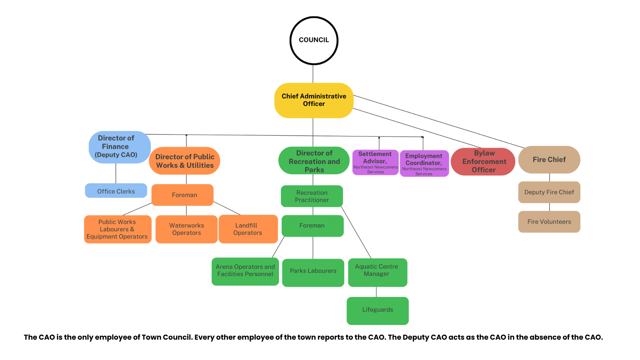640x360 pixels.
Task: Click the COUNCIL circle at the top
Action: coord(314,40)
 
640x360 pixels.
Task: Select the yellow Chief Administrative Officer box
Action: coord(314,100)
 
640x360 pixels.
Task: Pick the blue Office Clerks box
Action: coord(116,191)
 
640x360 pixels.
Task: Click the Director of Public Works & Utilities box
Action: coord(185,161)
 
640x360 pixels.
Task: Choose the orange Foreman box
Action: coord(182,195)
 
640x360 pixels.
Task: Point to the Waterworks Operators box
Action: coord(186,229)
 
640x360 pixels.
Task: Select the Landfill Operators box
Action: coord(248,229)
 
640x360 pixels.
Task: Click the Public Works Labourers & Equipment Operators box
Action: coord(117,229)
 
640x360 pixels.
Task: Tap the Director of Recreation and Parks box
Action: coord(314,161)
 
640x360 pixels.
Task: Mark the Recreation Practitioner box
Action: coord(312,196)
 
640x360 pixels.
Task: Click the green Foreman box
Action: coord(312,226)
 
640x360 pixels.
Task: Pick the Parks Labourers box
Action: coord(313,273)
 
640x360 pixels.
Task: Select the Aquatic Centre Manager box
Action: coord(377,272)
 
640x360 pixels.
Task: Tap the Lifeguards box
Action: coord(377,311)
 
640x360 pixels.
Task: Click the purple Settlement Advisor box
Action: coord(375,163)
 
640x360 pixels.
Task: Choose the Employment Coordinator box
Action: coord(424,164)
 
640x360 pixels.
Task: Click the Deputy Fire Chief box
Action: coord(549,192)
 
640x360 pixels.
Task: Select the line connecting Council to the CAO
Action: coord(313,74)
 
